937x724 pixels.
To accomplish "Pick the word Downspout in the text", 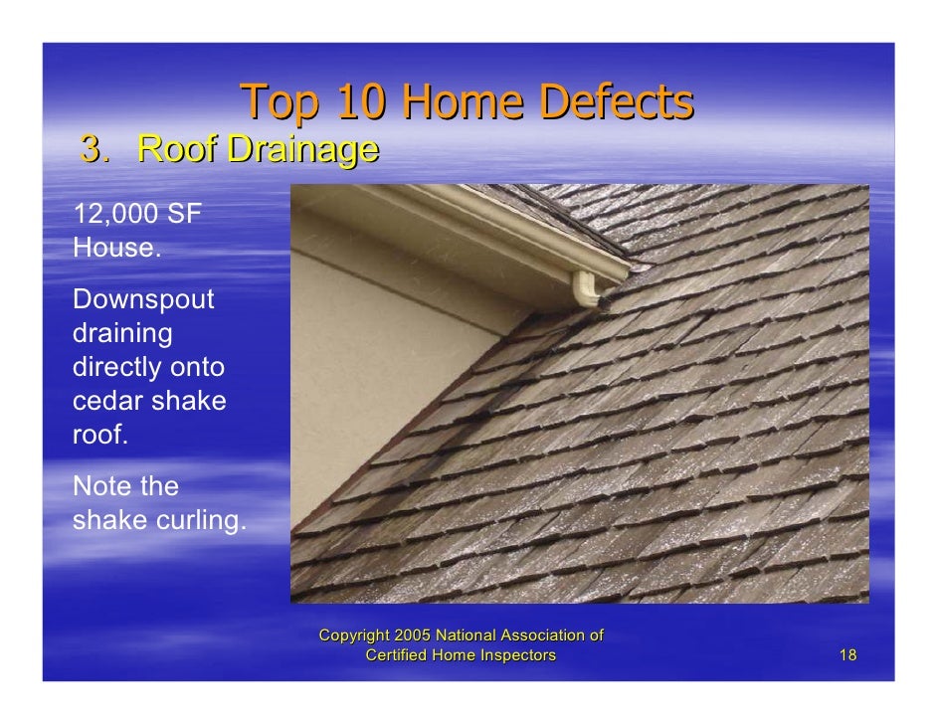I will point(144,299).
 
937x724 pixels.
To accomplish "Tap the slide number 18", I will point(847,654).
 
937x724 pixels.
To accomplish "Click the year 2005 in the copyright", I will point(414,634).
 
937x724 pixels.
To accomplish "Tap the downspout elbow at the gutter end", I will point(591,290).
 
